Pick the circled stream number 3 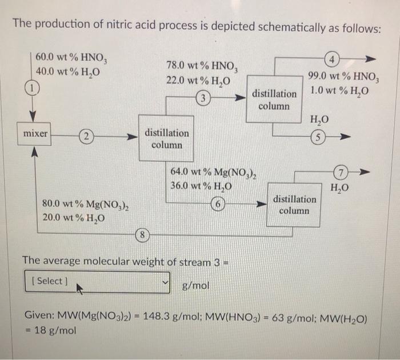coord(202,98)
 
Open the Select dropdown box coord(98,281)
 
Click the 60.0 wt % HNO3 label coord(67,58)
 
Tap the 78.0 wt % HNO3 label coord(197,67)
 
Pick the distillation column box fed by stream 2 coord(166,139)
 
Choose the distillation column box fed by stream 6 coord(294,205)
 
